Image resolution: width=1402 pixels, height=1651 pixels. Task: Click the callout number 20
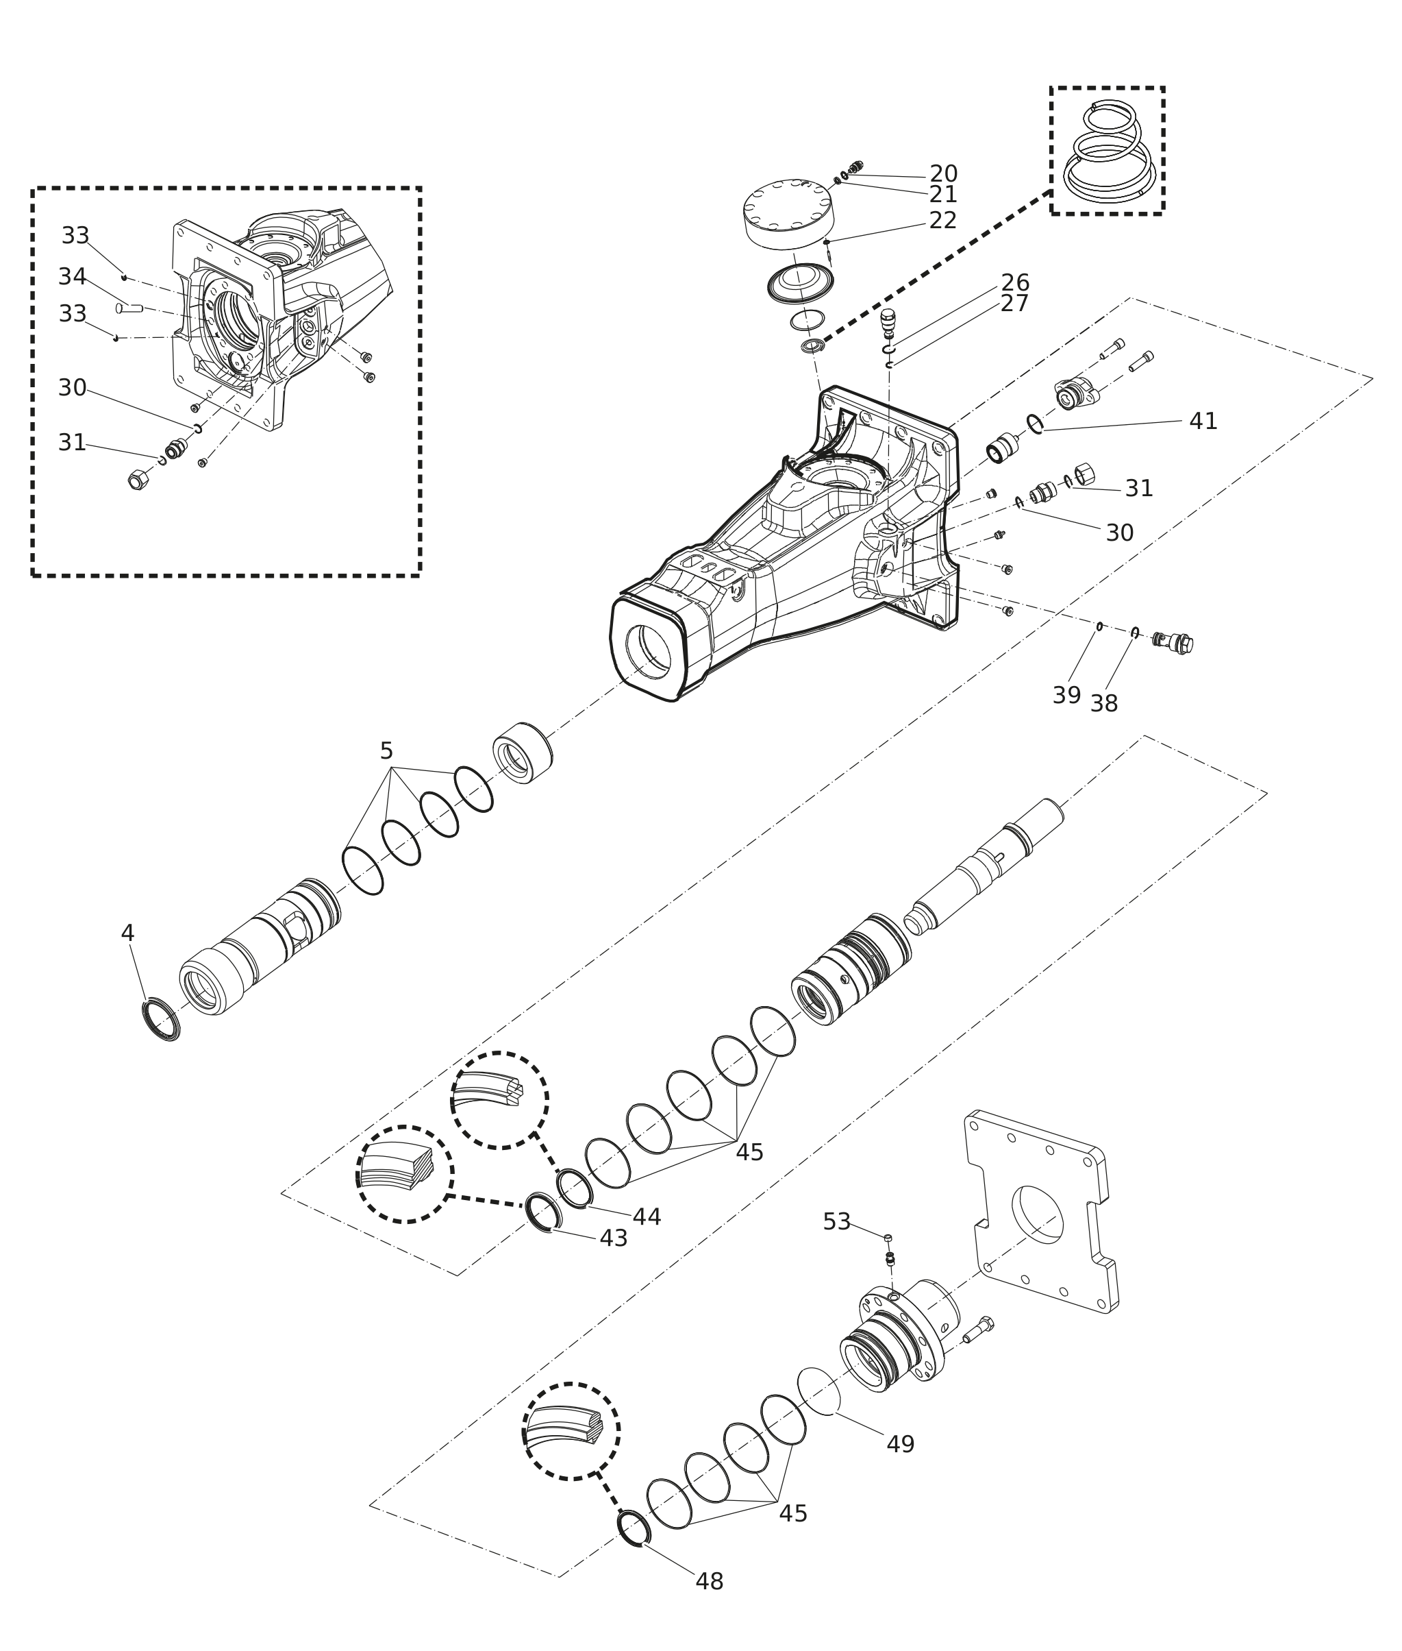point(943,173)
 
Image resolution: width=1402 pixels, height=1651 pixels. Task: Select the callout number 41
point(1203,421)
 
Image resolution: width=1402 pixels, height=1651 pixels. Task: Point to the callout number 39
point(1066,695)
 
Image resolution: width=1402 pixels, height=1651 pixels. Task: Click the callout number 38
point(1104,703)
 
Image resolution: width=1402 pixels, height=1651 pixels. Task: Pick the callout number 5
point(386,750)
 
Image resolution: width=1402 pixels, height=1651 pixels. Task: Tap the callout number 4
point(127,933)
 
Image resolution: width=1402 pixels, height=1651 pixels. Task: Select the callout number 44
point(647,1216)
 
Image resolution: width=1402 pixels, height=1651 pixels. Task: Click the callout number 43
point(614,1238)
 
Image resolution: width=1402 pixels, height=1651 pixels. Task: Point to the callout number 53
point(837,1221)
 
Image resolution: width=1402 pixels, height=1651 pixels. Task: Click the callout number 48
point(710,1582)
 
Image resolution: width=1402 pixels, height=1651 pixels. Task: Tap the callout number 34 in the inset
point(73,277)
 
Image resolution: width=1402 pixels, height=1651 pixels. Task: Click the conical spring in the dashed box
point(1106,151)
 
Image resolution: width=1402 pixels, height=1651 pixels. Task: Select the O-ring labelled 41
point(1035,425)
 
